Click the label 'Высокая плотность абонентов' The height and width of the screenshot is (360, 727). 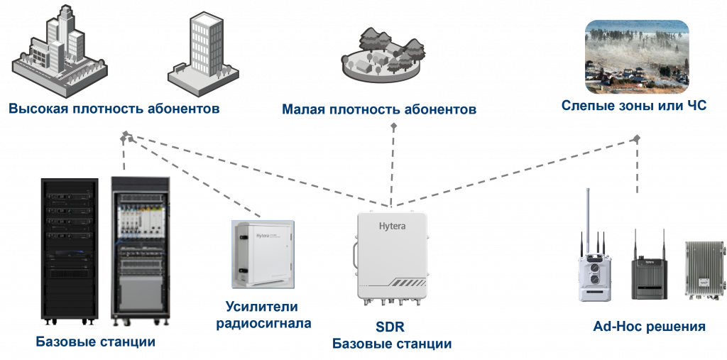pos(114,109)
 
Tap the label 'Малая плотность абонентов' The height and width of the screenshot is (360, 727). pos(379,110)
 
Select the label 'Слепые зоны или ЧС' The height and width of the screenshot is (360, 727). pos(634,106)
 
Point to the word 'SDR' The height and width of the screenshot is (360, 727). pos(390,327)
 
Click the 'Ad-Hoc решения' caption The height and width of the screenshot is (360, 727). pos(649,327)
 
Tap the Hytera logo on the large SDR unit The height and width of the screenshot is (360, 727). pos(392,227)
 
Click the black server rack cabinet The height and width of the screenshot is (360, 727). pos(70,251)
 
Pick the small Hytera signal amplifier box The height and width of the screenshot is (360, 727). pos(263,254)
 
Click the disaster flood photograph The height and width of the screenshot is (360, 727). pos(637,57)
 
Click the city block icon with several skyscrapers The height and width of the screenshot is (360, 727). pos(60,49)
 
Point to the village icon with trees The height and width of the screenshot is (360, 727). pos(383,56)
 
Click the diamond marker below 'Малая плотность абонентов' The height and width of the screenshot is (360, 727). pos(393,126)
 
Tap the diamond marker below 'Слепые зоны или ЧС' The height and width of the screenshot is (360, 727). pos(637,138)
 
